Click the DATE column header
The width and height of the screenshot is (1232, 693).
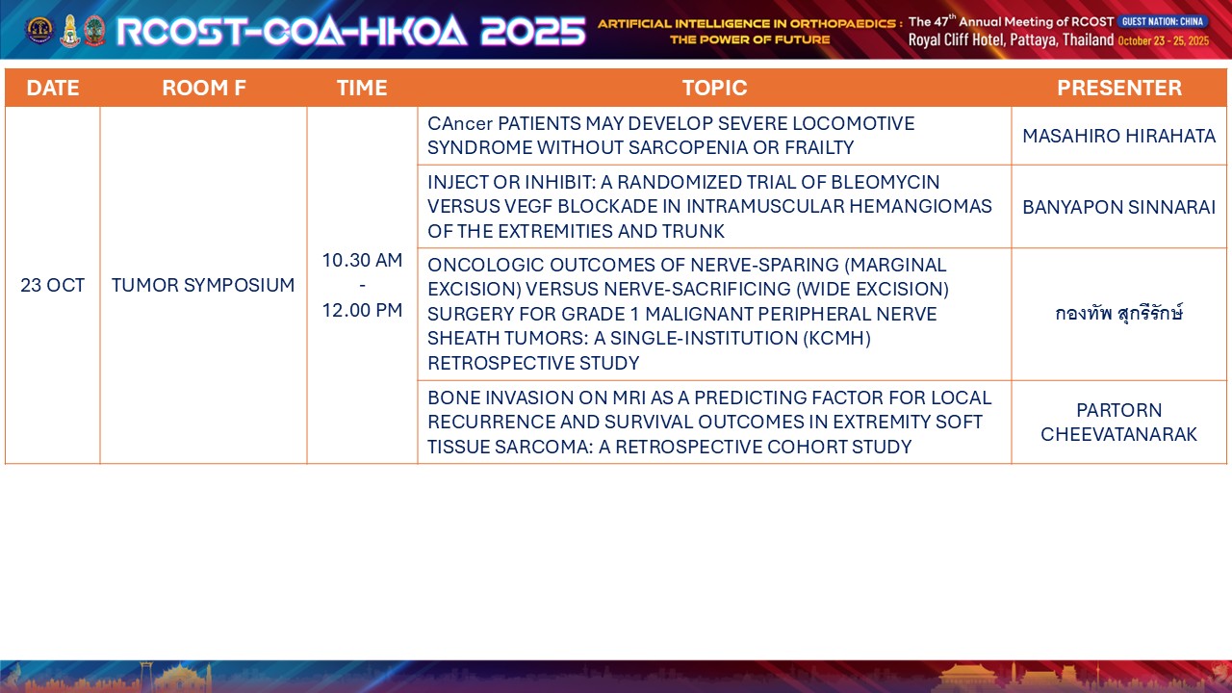point(53,88)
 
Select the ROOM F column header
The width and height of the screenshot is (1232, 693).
point(203,88)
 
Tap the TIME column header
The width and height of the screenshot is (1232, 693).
point(362,88)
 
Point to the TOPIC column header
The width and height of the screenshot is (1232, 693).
point(714,88)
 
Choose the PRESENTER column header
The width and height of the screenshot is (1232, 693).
point(1119,88)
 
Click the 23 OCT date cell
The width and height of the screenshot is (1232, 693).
point(53,285)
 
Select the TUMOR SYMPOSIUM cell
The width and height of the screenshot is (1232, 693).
point(203,285)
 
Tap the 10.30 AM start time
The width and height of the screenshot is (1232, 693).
point(362,260)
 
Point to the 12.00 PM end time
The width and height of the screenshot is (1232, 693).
point(362,310)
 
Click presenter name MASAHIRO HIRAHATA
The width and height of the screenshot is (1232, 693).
point(1119,136)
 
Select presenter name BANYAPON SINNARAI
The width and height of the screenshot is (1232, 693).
point(1119,207)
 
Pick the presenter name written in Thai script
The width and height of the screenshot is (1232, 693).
point(1119,314)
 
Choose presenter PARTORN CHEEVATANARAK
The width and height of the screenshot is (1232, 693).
point(1119,423)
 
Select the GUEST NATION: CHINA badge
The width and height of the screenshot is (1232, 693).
point(1163,21)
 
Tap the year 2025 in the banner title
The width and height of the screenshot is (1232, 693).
point(533,31)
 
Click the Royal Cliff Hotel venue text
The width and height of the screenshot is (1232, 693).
point(957,40)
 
